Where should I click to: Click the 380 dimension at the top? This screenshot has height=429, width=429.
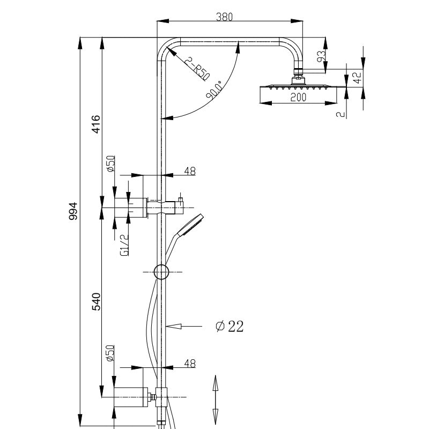point(224,17)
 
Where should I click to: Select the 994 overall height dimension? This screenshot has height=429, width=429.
point(74,211)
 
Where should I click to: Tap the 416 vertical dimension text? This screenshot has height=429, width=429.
point(96,124)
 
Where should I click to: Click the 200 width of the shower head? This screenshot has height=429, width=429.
point(298,98)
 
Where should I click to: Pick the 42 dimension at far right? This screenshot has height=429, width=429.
point(357,76)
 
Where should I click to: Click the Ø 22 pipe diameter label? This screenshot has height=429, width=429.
point(229,326)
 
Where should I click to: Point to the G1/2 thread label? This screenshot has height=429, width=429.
point(124,245)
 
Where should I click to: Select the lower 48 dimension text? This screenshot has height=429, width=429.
point(190,363)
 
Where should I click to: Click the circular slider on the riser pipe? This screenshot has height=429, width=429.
point(161,272)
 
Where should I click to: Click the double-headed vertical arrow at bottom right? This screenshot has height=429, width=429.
point(216,399)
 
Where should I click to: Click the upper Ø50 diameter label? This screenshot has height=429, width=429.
point(110,163)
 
